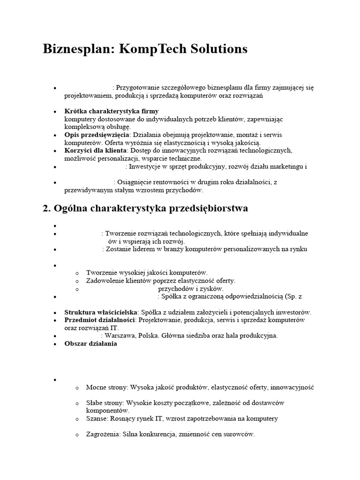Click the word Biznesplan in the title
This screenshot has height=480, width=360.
(75, 49)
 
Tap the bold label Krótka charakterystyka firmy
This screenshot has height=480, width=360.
(111, 112)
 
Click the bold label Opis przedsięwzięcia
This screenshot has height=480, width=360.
(97, 135)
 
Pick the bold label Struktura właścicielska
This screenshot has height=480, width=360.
(101, 312)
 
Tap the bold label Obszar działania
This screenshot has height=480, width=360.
(90, 343)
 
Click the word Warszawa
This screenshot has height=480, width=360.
(121, 335)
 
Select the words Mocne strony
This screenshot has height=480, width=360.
(107, 388)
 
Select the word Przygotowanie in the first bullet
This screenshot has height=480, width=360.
(138, 87)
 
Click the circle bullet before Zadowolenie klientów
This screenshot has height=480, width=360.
(77, 281)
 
